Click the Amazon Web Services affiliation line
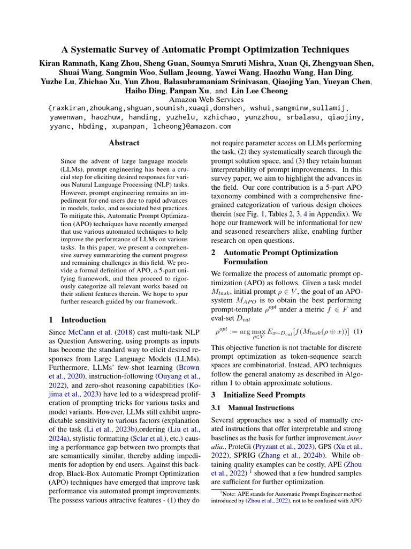click(x=206, y=99)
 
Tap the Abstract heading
click(x=124, y=143)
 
